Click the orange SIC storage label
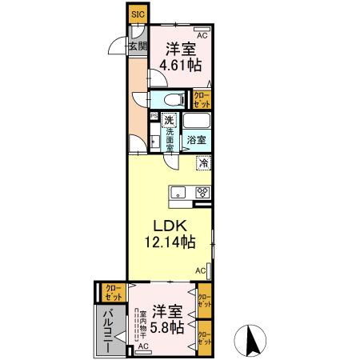138,14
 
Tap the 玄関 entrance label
138,46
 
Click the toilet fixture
170,100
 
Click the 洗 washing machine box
169,121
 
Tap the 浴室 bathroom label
197,139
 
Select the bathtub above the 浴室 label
196,122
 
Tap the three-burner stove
202,192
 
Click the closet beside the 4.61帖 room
202,100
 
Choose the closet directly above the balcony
110,292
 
